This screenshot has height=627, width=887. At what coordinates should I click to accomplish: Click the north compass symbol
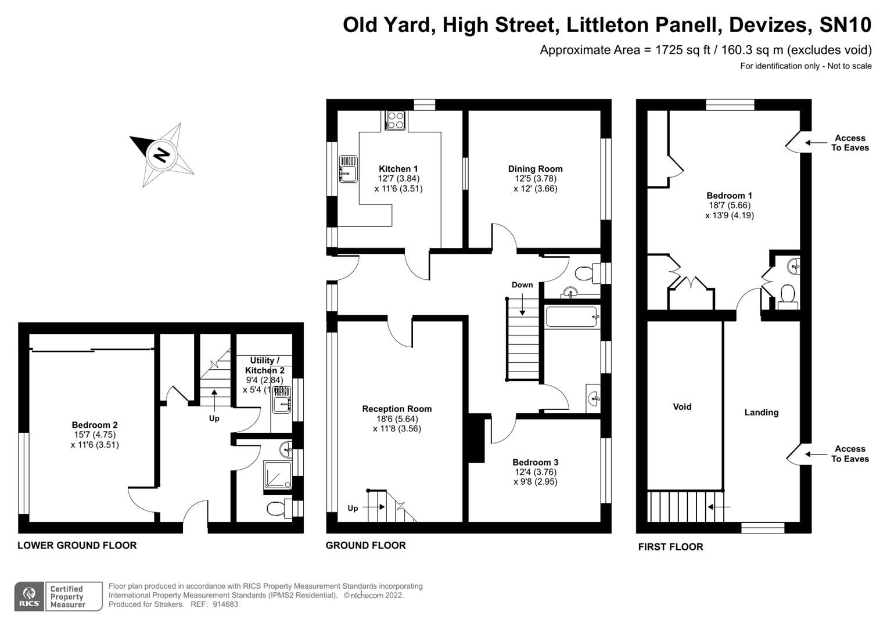161,155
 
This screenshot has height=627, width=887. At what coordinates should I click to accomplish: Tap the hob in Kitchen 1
395,120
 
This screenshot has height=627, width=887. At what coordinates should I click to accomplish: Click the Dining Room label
535,169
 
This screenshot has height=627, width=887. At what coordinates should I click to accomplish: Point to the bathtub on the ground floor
572,317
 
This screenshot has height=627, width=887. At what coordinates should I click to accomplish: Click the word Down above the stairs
522,284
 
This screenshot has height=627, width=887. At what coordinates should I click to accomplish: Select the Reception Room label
397,409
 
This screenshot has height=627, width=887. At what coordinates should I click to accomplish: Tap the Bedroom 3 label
535,462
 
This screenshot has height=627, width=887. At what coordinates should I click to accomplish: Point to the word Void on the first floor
682,406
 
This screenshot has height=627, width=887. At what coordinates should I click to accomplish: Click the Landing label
761,412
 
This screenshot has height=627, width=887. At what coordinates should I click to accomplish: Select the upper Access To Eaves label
850,143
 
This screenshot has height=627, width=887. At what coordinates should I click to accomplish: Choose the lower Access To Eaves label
850,453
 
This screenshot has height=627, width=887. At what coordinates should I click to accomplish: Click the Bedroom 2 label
95,425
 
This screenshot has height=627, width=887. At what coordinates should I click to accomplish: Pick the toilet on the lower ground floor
278,509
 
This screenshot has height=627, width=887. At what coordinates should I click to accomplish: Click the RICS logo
28,597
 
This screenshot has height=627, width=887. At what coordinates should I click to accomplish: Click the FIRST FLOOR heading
670,546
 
